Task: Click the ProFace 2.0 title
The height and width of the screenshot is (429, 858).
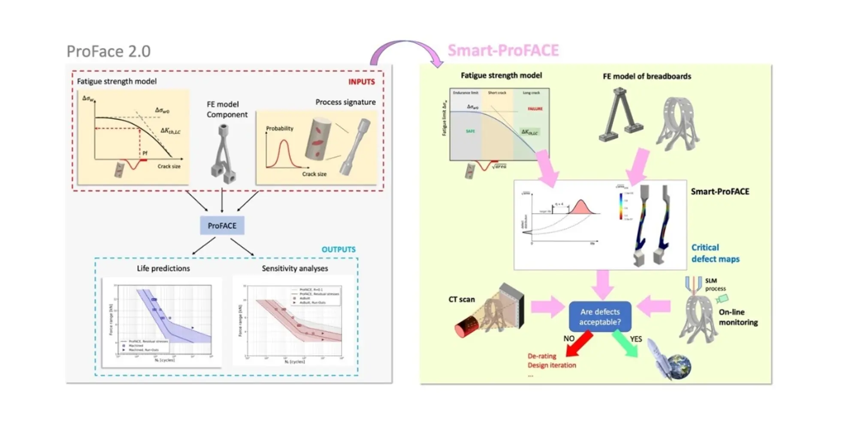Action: coord(109,51)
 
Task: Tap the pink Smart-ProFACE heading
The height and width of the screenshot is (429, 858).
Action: coord(503,51)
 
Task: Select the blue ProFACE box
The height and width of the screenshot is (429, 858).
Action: coord(222,226)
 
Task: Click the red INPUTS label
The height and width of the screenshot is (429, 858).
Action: coord(361,82)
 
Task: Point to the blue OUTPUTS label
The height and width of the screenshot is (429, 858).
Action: coord(338,250)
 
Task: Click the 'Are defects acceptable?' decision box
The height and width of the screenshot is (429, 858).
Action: coord(600,317)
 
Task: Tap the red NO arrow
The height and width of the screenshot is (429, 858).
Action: coord(579,344)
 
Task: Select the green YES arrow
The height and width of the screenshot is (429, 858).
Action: coord(625,344)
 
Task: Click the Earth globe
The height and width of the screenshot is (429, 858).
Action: coord(677,367)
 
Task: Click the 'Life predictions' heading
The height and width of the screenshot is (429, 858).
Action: coord(163,269)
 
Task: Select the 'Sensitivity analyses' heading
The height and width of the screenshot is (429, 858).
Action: coord(295,269)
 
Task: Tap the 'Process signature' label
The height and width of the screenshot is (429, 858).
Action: coord(345,102)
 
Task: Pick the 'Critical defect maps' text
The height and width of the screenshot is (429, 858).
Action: coord(715,253)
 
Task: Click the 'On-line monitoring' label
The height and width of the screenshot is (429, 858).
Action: coord(738,317)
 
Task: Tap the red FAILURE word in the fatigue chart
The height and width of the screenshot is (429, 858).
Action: coord(535,109)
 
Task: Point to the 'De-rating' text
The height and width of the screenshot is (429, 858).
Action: coord(542,356)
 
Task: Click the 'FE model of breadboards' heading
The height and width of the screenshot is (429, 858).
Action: coord(647,76)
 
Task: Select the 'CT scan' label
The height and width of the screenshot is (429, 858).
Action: coord(462,299)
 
